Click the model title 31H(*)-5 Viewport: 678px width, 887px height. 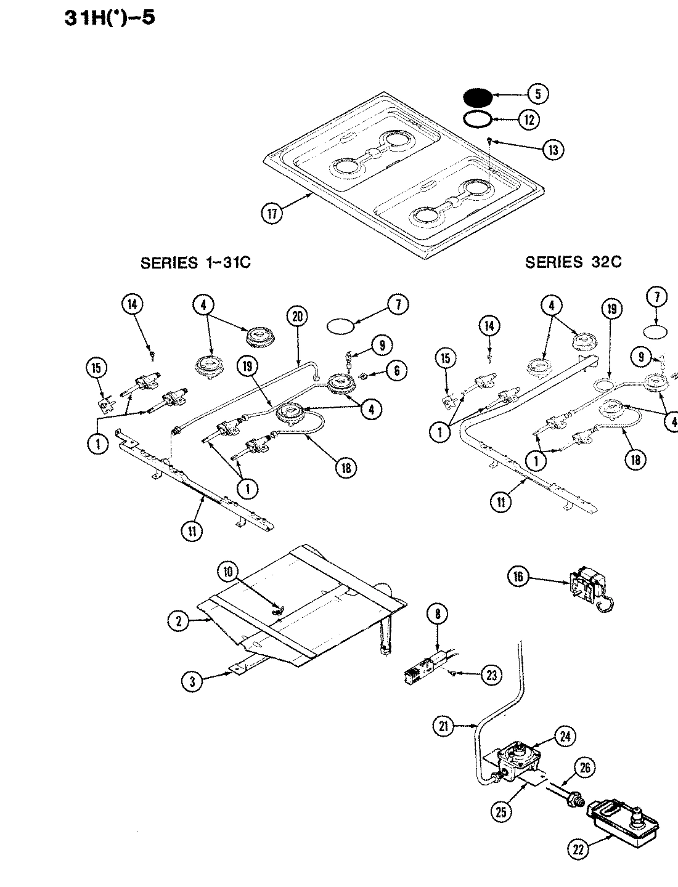click(110, 17)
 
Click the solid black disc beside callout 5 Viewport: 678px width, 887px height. click(477, 97)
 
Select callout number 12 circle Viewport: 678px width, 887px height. click(528, 119)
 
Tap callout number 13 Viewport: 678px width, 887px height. click(553, 150)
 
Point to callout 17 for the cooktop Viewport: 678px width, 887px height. click(272, 214)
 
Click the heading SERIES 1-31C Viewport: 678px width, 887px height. click(195, 262)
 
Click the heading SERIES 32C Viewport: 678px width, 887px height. click(573, 262)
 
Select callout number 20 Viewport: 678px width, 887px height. click(297, 317)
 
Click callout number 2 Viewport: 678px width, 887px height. click(179, 622)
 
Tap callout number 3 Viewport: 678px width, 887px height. click(193, 681)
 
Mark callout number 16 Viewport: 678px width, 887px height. click(518, 577)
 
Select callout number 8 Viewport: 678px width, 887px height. click(437, 614)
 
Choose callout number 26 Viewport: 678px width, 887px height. click(585, 768)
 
